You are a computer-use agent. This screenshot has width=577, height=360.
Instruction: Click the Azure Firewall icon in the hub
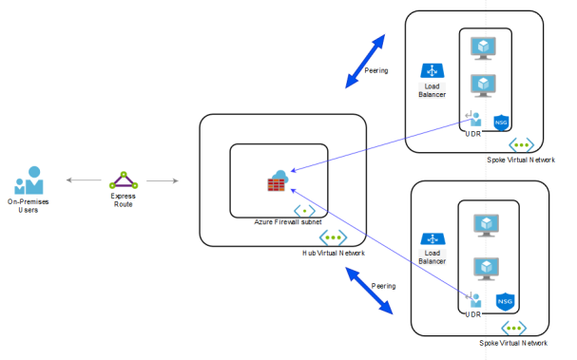(278, 180)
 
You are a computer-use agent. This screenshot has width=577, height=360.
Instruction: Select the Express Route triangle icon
(124, 180)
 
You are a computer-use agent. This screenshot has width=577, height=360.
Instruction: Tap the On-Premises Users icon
(29, 180)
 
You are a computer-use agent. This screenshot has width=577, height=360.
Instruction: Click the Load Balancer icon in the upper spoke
(432, 70)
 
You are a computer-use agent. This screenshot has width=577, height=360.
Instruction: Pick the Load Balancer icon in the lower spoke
(433, 239)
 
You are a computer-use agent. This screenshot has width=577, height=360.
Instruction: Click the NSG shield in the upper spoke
(501, 123)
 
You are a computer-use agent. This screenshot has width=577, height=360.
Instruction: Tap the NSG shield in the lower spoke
(505, 301)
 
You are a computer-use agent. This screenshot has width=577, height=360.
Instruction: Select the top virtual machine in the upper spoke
(483, 48)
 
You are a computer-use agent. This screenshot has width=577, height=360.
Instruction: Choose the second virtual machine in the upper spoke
(483, 85)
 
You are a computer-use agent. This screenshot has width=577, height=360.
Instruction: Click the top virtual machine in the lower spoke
(486, 225)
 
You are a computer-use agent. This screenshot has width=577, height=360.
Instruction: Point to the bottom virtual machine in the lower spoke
(486, 269)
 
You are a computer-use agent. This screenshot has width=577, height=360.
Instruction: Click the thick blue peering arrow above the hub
(365, 62)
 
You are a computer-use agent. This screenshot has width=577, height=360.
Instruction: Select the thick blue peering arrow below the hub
(369, 291)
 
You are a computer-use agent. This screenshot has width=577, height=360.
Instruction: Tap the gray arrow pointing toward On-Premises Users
(84, 180)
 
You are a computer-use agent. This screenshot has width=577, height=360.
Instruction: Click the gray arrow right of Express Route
(163, 180)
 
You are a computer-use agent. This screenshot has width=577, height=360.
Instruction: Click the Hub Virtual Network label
(334, 253)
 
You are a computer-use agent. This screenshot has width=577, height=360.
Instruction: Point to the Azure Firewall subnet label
(288, 222)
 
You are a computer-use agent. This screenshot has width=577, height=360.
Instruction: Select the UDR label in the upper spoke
(472, 134)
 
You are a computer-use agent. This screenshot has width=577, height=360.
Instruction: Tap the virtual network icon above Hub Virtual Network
(333, 237)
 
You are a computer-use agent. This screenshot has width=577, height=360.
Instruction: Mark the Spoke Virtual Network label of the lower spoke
(513, 343)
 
